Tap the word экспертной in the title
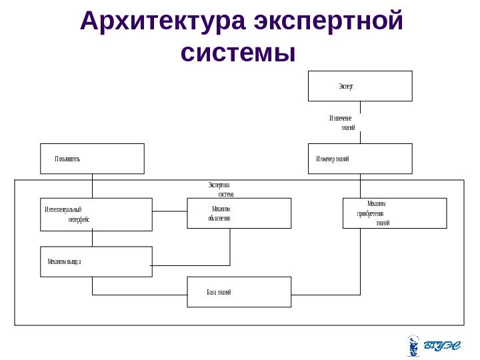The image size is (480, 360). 329,23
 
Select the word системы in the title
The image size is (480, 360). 238,52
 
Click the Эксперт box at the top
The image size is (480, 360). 360,86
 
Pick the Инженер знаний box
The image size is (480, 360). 360,159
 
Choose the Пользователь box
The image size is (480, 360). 92,159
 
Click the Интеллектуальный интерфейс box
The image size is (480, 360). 96,214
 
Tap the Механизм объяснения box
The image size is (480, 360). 239,213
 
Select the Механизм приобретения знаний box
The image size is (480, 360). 394,213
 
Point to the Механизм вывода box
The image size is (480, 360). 96,261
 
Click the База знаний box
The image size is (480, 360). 239,292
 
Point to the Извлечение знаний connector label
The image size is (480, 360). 342,123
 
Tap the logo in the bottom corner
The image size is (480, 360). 433,345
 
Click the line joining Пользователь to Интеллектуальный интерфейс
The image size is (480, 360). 92,186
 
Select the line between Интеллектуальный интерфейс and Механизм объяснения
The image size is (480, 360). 169,212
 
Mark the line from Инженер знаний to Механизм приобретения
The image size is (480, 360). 360,186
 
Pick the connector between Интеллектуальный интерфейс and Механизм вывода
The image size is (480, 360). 92,238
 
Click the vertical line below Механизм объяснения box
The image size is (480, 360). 230,246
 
